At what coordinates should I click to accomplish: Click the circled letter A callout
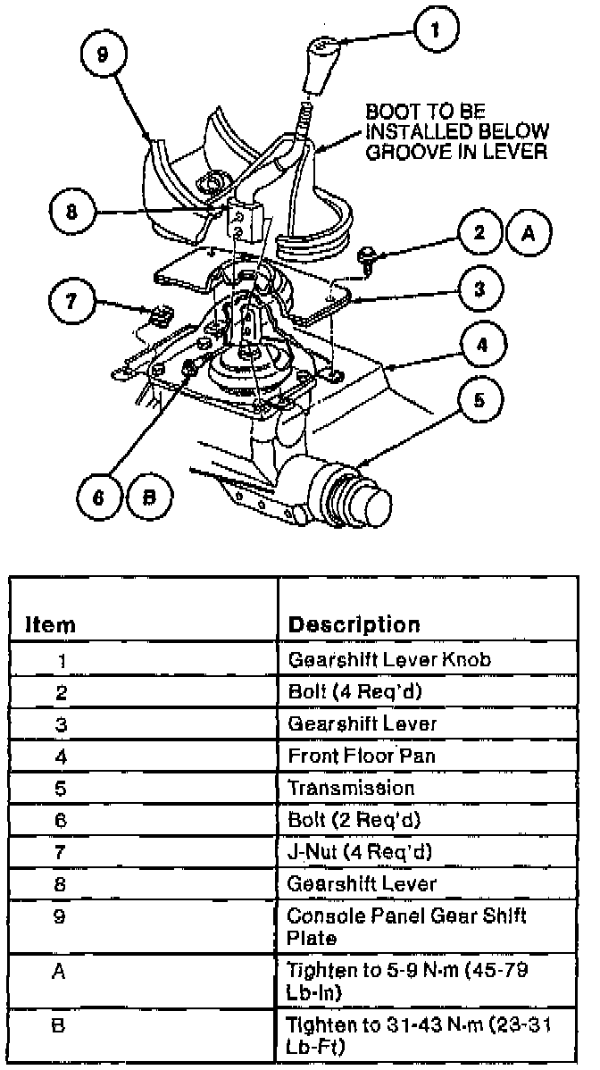coord(529,233)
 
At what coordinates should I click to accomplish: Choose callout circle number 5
coord(479,400)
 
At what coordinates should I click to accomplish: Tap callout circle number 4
coord(479,343)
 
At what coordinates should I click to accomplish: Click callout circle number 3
coord(479,288)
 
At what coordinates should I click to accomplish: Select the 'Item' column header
coord(49,624)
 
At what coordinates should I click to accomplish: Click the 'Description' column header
coord(354,624)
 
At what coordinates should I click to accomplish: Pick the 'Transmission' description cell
coord(351,788)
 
